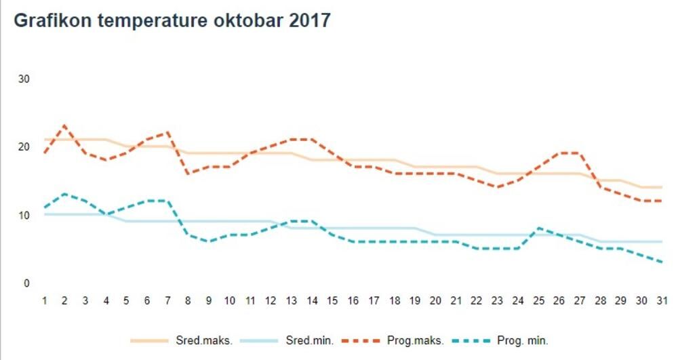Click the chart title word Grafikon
click(x=53, y=20)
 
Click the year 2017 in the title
click(x=310, y=20)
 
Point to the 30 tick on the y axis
click(x=24, y=79)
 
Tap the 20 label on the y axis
click(x=24, y=147)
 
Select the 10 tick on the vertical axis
click(x=24, y=215)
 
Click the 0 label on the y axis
click(x=26, y=283)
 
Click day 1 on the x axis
click(x=44, y=300)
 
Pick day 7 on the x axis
click(x=167, y=300)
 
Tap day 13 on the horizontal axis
click(x=291, y=300)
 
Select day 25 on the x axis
click(x=538, y=300)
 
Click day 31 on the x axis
click(x=661, y=300)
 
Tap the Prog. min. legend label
click(x=522, y=340)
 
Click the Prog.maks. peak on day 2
click(x=64, y=125)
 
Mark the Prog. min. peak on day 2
click(x=64, y=194)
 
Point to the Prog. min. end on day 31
click(x=661, y=262)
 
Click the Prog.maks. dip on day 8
click(x=188, y=174)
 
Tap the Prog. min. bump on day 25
click(x=538, y=228)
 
